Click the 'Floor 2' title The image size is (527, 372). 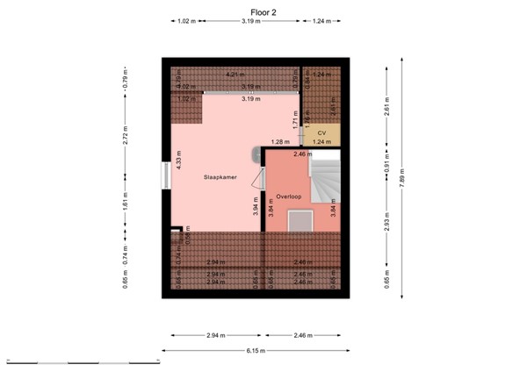coord(263,11)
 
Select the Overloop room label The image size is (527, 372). coord(288,197)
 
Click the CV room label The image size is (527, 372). coord(321,132)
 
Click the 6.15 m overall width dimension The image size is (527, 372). coord(255,351)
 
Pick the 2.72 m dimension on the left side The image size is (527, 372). coord(126,136)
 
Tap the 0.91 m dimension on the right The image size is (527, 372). coord(386,164)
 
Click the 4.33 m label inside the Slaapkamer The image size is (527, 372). coord(178,161)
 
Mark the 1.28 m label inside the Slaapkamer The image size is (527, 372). coord(279,141)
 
